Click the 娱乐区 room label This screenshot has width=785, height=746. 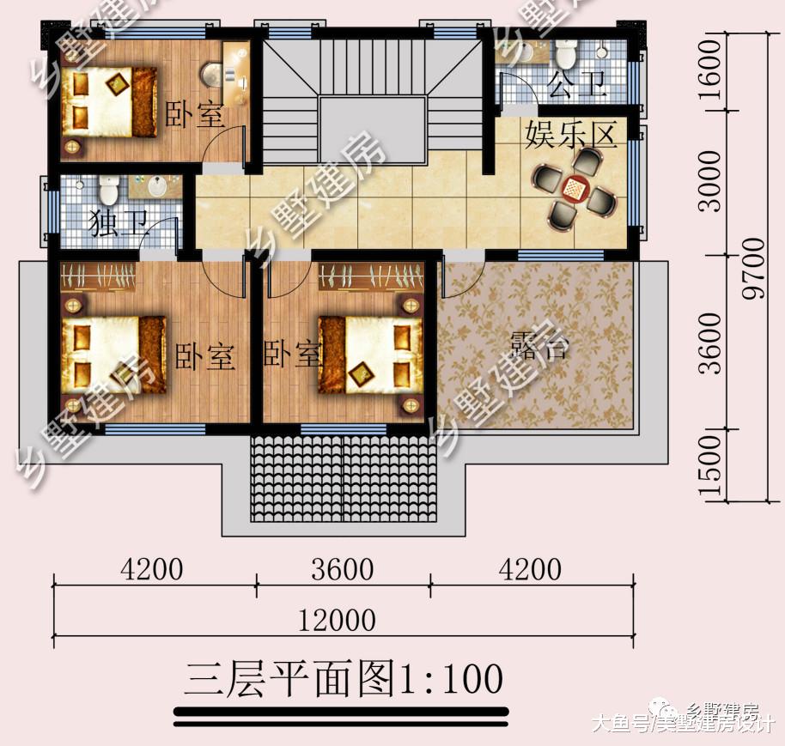pyautogui.click(x=571, y=136)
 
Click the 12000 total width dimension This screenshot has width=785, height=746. pyautogui.click(x=337, y=620)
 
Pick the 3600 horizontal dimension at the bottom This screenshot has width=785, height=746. pyautogui.click(x=344, y=569)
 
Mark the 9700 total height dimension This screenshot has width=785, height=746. pyautogui.click(x=753, y=269)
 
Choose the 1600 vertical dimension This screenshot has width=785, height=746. pyautogui.click(x=711, y=71)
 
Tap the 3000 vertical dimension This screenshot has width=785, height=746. pyautogui.click(x=711, y=182)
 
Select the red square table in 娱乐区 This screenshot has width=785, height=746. pyautogui.click(x=573, y=186)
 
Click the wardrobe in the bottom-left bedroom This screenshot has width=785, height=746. pyautogui.click(x=99, y=276)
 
